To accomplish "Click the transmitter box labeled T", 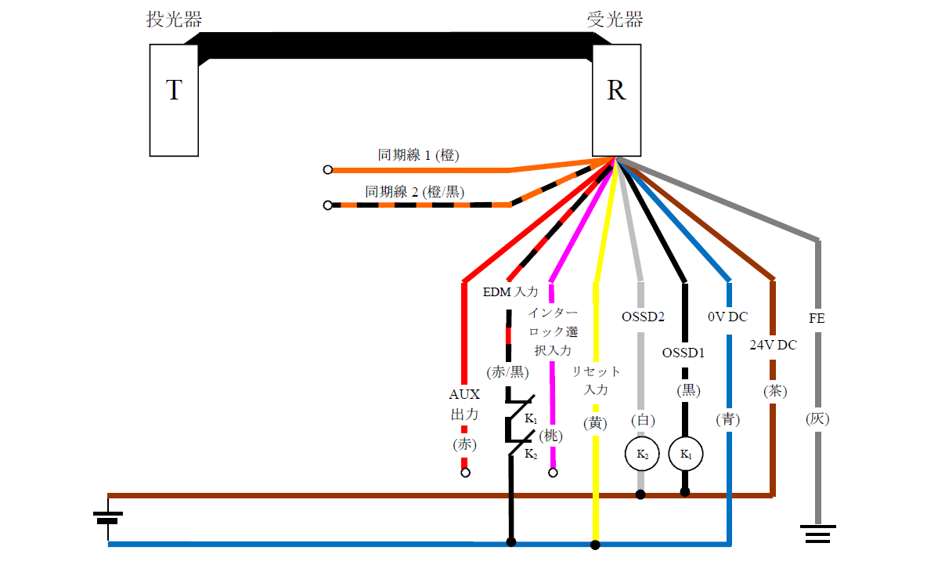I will (174, 100).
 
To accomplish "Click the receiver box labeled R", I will (616, 100).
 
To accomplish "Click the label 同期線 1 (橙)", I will (419, 155).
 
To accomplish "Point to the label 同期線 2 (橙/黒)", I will (415, 191).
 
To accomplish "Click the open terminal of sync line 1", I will (327, 169).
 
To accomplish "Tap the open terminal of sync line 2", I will (327, 205).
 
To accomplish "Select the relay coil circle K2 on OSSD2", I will (641, 454).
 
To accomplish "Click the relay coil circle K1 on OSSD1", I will (686, 454).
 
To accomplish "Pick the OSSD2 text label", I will (643, 317).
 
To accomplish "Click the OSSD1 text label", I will (684, 353).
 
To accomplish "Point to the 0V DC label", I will (727, 317).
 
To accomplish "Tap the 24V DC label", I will (773, 345).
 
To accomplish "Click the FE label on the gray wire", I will (817, 319).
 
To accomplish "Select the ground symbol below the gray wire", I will (818, 534).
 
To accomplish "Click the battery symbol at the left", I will (107, 518).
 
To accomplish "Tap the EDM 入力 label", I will (510, 292).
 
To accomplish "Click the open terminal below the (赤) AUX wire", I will (465, 472).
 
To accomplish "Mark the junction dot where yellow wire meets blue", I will (595, 544).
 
